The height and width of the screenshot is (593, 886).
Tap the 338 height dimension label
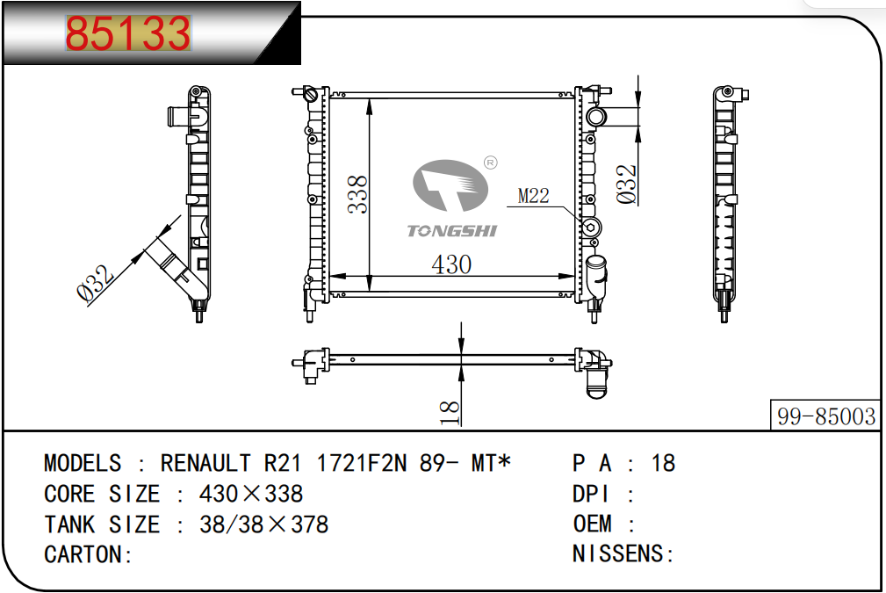(x=357, y=194)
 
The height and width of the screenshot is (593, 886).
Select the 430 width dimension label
(x=451, y=264)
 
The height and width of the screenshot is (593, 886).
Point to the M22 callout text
(x=533, y=196)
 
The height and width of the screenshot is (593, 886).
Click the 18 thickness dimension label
(x=450, y=413)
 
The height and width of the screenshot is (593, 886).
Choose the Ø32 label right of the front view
(x=627, y=184)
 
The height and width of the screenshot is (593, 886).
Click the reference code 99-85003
(x=826, y=416)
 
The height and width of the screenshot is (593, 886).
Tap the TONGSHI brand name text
(x=452, y=231)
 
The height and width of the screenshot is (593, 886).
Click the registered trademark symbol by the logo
(x=491, y=163)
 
